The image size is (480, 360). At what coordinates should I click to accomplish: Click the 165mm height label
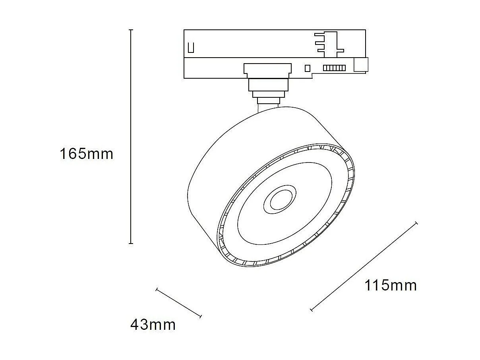86,154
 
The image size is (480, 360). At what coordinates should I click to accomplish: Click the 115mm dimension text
391,285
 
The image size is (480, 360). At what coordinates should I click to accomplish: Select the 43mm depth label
153,325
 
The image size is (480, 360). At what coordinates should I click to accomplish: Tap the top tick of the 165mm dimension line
131,30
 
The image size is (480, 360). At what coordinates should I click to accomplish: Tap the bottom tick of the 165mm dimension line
131,244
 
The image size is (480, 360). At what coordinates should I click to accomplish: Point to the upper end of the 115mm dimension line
416,223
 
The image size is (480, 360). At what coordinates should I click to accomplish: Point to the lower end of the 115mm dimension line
312,310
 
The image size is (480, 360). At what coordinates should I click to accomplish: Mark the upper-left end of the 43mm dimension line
157,289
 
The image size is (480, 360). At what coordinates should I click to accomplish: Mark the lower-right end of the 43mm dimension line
201,316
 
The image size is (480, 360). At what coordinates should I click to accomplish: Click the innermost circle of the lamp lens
279,202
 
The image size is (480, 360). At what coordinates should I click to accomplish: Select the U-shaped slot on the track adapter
191,47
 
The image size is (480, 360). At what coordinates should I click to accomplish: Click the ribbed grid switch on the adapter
334,68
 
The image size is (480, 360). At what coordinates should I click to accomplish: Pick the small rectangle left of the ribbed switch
307,68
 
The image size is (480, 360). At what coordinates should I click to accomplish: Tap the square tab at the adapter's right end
361,65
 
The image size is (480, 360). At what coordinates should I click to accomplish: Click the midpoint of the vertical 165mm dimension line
131,137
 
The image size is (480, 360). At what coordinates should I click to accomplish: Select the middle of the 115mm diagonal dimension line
364,266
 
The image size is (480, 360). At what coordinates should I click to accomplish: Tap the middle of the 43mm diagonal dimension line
179,303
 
